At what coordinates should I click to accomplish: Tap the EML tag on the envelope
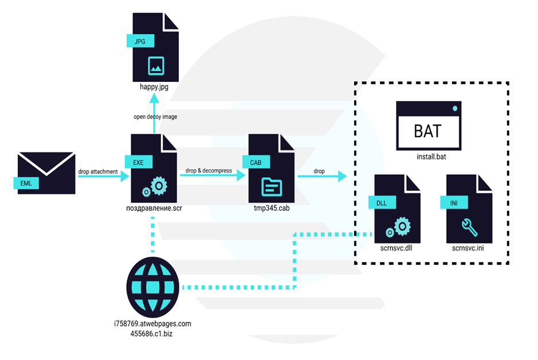tap(26, 182)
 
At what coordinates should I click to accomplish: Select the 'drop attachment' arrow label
tap(98, 171)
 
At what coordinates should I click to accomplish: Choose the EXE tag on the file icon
tap(138, 162)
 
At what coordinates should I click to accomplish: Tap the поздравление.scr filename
tap(154, 208)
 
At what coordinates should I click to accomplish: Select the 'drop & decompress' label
tap(207, 171)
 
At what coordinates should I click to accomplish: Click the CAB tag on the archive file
tap(256, 162)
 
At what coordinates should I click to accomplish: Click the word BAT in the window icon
tap(428, 131)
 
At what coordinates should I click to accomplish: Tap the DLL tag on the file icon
tap(380, 202)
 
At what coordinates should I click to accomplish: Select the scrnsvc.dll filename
tap(396, 249)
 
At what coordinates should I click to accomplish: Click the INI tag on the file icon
tap(452, 202)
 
